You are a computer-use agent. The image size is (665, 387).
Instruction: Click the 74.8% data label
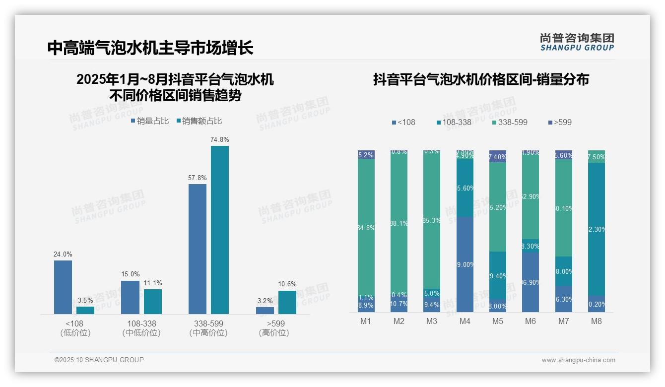[x=219, y=140]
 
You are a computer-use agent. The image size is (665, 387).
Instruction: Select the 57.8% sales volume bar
[x=198, y=249]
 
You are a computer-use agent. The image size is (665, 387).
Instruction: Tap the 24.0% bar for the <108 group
[x=63, y=287]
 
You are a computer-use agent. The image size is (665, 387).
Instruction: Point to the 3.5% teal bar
[x=85, y=310]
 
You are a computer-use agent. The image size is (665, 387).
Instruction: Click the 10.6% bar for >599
[x=287, y=302]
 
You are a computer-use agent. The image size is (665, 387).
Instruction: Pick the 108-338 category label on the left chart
[x=141, y=323]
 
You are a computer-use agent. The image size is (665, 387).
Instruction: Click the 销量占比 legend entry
[x=150, y=121]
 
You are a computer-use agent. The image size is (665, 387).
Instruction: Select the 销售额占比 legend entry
[x=199, y=121]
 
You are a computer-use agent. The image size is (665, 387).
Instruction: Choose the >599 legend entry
[x=560, y=122]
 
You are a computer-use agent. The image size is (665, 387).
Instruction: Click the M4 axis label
[x=465, y=321]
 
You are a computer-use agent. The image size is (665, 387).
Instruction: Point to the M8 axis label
[x=597, y=321]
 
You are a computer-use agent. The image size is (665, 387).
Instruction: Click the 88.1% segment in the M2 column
[x=399, y=223]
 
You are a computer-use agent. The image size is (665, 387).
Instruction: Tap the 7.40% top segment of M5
[x=498, y=156]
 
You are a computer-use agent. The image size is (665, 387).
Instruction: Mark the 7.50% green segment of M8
[x=597, y=156]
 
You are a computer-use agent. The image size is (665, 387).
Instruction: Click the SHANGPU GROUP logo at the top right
[x=577, y=42]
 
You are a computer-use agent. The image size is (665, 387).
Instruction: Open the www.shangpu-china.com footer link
[x=578, y=360]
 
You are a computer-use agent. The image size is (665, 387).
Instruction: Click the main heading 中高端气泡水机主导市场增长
[x=150, y=48]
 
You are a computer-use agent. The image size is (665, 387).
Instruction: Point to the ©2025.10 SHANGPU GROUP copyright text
[x=99, y=360]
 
